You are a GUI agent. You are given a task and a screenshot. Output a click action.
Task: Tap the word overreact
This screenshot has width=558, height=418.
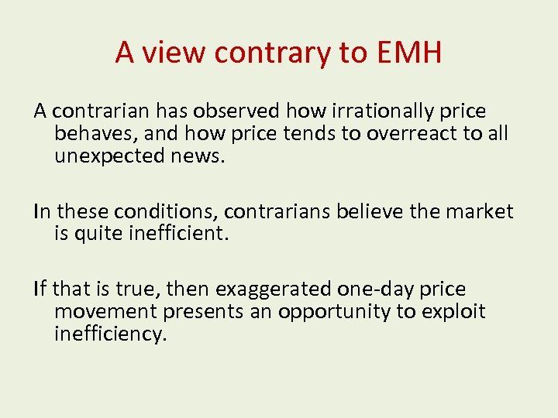[411, 133]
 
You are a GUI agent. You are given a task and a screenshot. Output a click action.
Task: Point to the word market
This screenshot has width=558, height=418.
[484, 211]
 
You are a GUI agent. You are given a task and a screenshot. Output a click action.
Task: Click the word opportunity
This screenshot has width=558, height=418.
[340, 311]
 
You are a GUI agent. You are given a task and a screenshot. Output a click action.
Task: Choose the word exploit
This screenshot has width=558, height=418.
[458, 311]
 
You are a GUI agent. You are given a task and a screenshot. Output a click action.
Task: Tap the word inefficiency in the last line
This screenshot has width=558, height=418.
[110, 334]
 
